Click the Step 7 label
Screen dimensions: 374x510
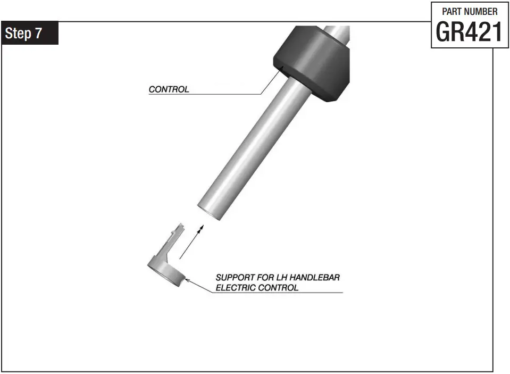tap(30, 33)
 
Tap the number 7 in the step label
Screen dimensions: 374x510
tap(39, 33)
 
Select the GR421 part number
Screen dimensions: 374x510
tap(468, 32)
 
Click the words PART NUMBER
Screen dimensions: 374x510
tap(470, 11)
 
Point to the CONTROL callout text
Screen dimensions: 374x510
tap(169, 89)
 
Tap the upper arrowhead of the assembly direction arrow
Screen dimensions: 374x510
tap(201, 228)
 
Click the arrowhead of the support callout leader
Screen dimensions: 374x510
tap(187, 280)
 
